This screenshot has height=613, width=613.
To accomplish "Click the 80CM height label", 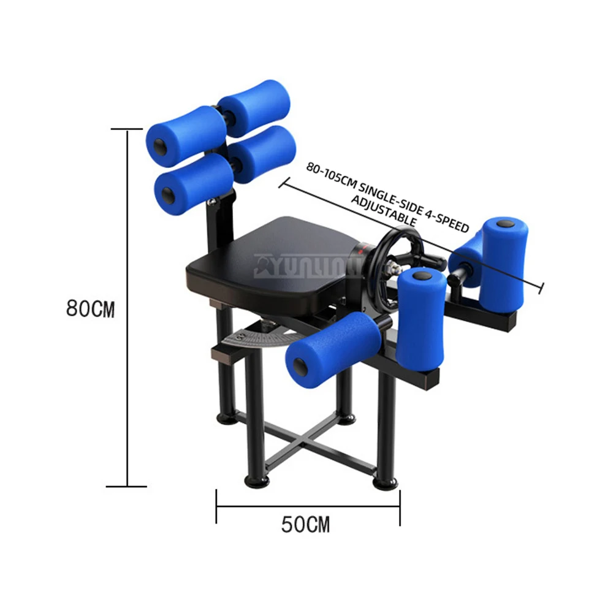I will tap(90, 308).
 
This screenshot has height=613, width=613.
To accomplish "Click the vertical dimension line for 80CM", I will tap(128, 306).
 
